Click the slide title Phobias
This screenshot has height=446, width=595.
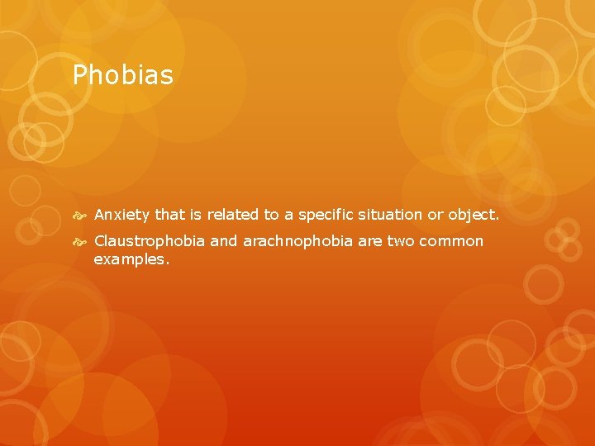coord(123,76)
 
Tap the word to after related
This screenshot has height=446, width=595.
coord(271,215)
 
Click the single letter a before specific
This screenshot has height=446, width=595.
coord(288,215)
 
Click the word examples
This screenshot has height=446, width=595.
coord(131,259)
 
